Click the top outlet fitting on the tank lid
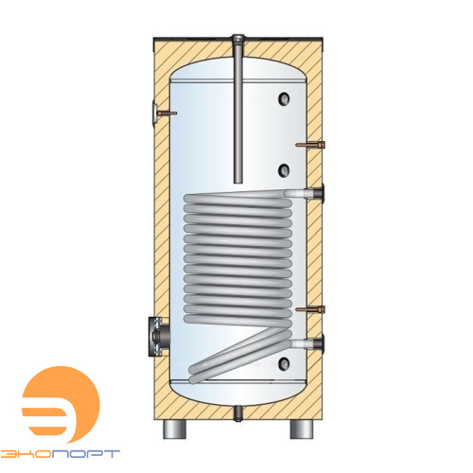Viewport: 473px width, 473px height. point(238,40)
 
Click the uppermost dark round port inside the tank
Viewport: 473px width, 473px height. point(284,98)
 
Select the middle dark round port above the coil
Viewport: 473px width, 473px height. point(284,170)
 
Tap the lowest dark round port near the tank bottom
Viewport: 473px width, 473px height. point(284,364)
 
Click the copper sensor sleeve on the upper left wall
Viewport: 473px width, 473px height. point(165,114)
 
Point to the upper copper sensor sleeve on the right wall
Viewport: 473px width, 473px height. point(310,145)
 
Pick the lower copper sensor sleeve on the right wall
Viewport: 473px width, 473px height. point(310,309)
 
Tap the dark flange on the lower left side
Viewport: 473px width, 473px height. point(159,337)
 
